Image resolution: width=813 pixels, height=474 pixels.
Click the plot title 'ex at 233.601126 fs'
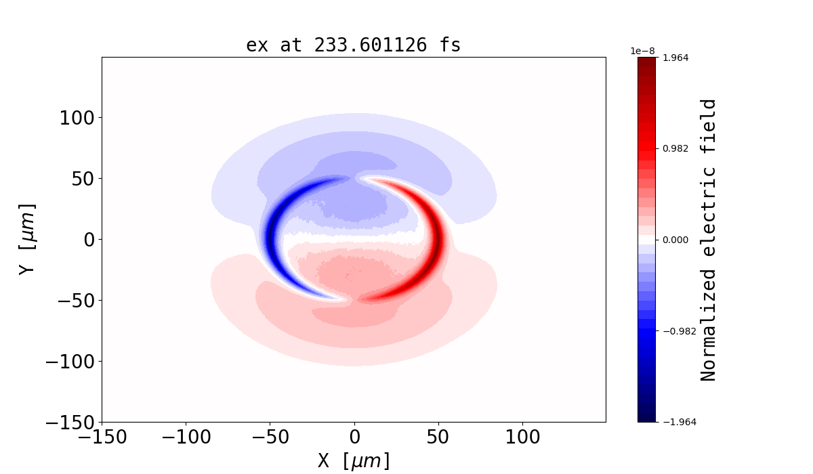[353, 45]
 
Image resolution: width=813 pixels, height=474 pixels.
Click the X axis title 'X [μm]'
[354, 460]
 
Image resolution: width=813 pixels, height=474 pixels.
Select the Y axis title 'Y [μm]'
[27, 238]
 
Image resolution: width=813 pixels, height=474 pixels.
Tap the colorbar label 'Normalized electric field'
[709, 240]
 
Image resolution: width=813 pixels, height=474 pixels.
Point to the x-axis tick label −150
[102, 437]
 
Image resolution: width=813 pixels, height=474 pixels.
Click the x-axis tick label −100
[186, 437]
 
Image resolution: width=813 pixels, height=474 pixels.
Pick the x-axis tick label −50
[270, 437]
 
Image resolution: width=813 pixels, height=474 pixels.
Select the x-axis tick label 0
[354, 437]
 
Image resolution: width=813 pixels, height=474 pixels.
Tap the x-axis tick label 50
[438, 437]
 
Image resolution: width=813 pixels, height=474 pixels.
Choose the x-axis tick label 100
[522, 437]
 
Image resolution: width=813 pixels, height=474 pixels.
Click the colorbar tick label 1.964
[675, 58]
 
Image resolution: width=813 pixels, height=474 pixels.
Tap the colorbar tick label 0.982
[675, 148]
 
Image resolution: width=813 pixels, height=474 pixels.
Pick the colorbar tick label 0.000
[675, 240]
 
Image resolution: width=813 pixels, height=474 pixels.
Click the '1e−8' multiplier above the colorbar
[643, 51]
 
